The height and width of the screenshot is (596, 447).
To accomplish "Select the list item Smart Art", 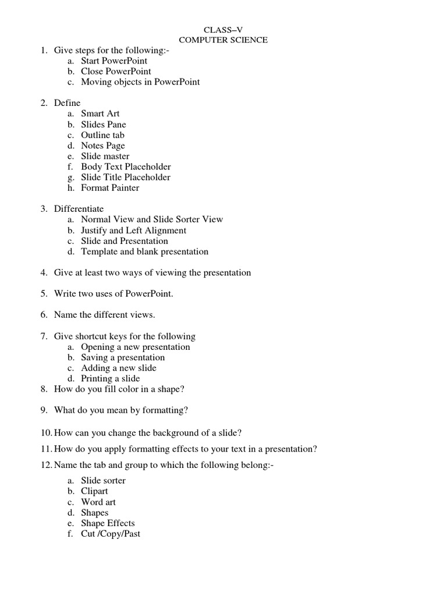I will [100, 113].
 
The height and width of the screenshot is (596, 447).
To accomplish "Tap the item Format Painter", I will [110, 187].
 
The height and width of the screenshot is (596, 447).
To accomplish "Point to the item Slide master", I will [105, 156].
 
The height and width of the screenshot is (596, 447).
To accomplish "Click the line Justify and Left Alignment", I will [133, 230].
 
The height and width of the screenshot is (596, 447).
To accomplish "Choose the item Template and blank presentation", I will [144, 251].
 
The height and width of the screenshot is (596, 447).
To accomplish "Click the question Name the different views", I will [104, 315].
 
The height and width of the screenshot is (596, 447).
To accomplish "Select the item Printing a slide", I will [110, 378].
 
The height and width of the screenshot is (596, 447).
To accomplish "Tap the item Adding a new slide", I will [118, 368].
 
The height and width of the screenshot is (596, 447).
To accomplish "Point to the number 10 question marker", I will [46, 432].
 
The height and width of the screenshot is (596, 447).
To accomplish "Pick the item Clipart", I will [94, 491].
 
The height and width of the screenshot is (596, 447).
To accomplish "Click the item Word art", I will [98, 502].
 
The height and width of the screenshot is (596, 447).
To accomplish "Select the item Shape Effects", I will [108, 523].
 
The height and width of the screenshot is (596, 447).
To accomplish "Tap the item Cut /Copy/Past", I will [111, 533].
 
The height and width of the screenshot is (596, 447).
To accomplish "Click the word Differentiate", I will [79, 208].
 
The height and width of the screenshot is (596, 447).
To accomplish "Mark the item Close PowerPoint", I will [116, 71].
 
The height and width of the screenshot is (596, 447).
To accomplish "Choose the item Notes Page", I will [102, 146].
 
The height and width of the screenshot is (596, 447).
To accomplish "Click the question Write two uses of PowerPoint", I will [113, 294].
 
